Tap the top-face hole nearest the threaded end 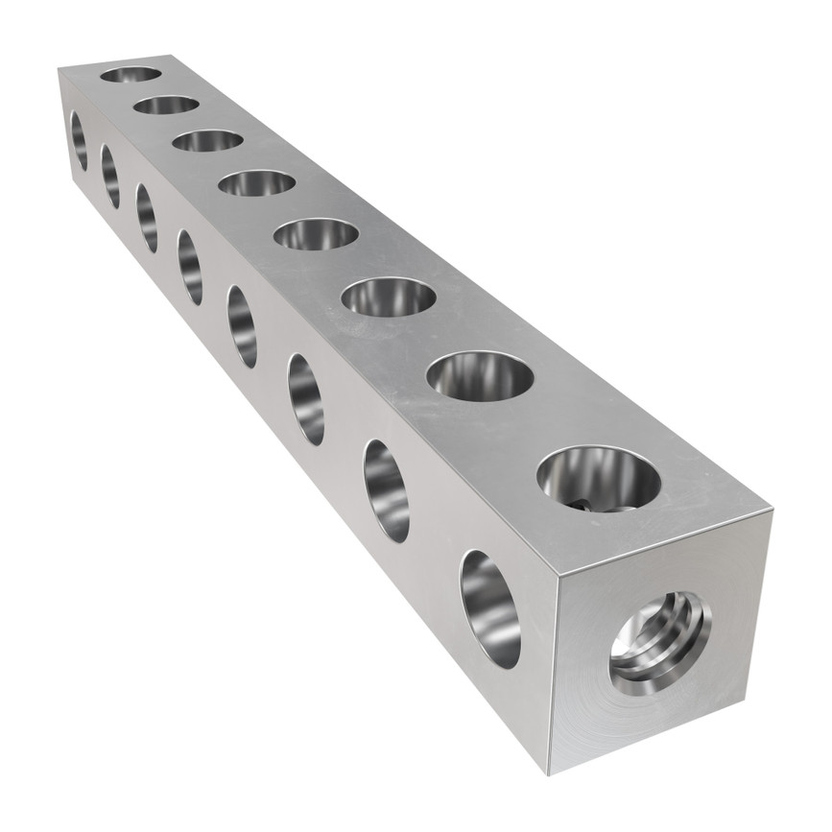click(x=599, y=478)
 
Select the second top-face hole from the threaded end click(x=480, y=375)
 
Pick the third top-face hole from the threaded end click(x=389, y=297)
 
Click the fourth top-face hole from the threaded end click(x=316, y=234)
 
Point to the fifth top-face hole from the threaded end click(x=256, y=182)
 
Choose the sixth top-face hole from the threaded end click(x=208, y=140)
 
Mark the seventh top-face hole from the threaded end click(x=166, y=105)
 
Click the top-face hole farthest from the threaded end click(x=131, y=74)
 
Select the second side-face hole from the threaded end click(x=387, y=490)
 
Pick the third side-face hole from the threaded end click(x=306, y=399)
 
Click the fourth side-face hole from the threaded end click(x=243, y=326)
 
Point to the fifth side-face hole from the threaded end click(x=190, y=267)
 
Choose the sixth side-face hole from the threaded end click(x=147, y=218)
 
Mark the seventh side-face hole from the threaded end click(x=110, y=176)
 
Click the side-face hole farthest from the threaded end click(x=79, y=140)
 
